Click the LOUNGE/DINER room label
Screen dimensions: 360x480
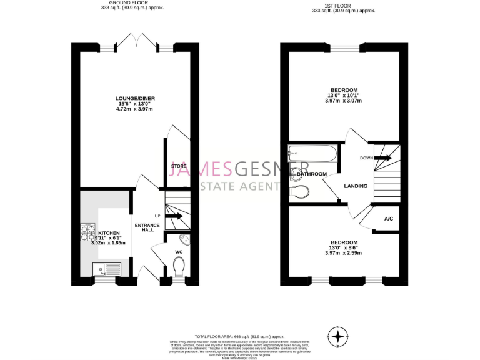(135, 98)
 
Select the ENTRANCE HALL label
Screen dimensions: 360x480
(147, 227)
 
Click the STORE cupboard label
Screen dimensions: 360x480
(179, 166)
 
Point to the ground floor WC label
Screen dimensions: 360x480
(179, 252)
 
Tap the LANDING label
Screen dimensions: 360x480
(356, 186)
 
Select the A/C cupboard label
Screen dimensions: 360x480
(388, 219)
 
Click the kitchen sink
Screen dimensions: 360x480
(106, 269)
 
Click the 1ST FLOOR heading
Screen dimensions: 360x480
(343, 6)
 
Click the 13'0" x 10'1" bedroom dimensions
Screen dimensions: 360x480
(342, 95)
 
